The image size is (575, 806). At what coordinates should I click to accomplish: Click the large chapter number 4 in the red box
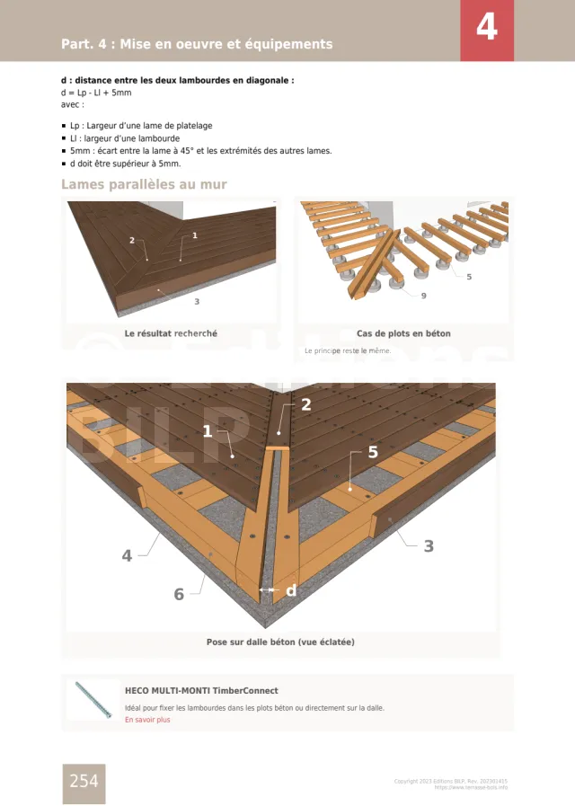[486, 29]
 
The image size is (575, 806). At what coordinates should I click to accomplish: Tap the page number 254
[84, 782]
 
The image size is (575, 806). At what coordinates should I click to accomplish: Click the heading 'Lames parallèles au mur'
[144, 184]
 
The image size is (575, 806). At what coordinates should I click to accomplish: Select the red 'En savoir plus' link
[147, 720]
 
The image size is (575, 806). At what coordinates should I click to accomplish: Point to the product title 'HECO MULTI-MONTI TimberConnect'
[201, 691]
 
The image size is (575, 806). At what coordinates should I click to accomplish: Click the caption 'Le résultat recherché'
[171, 333]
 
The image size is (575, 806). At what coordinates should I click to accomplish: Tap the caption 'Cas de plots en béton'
[403, 333]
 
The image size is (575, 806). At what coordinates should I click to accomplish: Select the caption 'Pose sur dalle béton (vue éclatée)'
[280, 642]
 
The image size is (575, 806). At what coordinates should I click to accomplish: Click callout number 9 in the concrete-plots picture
[423, 296]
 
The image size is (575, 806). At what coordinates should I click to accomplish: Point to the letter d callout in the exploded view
[290, 590]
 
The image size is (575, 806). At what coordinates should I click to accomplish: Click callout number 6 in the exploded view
[179, 594]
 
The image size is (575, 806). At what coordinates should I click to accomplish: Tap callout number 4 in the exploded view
[127, 555]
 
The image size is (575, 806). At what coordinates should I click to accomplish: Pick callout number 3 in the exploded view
[429, 545]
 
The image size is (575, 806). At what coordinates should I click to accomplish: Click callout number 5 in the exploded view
[373, 453]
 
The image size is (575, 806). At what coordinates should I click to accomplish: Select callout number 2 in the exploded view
[305, 404]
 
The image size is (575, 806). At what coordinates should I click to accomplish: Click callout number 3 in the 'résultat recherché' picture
[197, 302]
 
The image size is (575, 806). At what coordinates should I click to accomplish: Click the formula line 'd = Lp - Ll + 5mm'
[96, 92]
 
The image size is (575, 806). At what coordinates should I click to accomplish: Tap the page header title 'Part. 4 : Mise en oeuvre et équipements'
[197, 44]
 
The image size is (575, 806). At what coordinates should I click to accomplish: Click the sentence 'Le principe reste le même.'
[348, 350]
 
